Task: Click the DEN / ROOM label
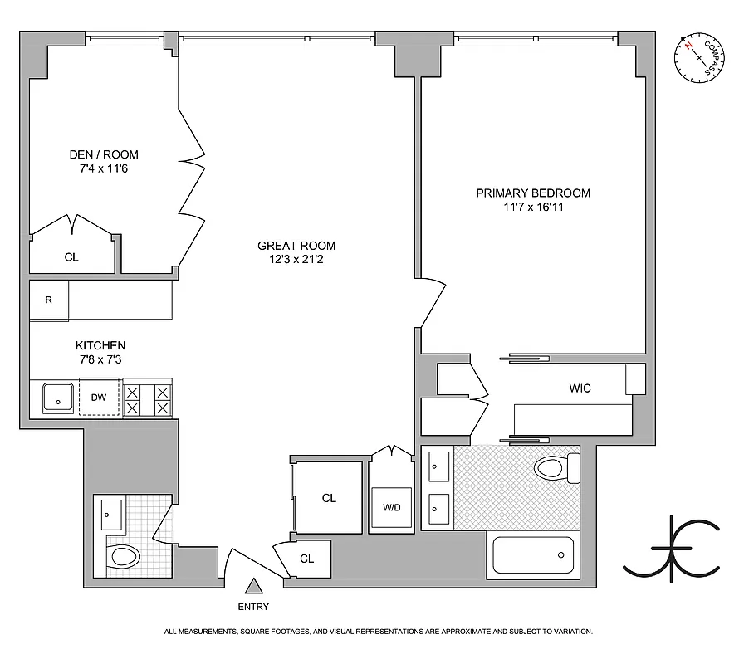[103, 154]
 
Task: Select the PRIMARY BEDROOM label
[532, 193]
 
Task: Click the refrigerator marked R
[49, 300]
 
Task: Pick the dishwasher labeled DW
[100, 397]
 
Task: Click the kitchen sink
[59, 398]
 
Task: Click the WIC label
[580, 388]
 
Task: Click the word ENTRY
[253, 607]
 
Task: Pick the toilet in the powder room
[122, 555]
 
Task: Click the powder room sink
[110, 515]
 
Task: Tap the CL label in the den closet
[71, 257]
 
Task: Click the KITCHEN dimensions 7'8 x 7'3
[100, 359]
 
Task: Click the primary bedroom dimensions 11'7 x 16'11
[532, 207]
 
